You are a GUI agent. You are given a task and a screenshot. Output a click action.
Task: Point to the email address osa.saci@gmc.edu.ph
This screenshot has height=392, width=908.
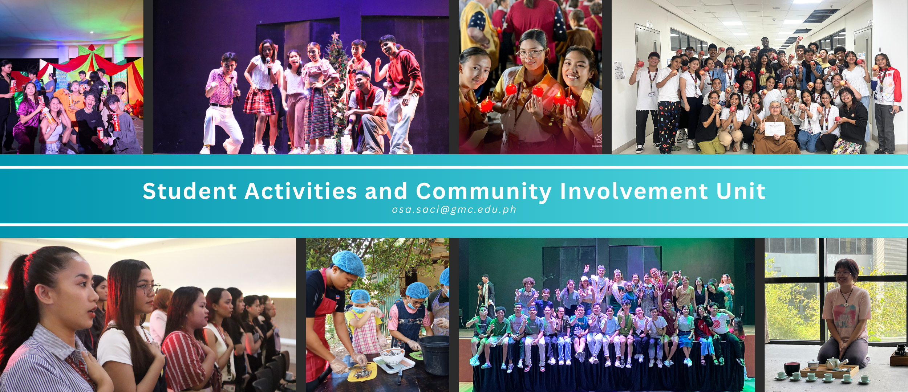[x=454, y=209]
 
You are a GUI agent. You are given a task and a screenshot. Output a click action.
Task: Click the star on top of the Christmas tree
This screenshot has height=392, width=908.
[x=335, y=36]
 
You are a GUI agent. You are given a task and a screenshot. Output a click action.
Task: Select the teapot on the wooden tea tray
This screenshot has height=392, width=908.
[x=834, y=363]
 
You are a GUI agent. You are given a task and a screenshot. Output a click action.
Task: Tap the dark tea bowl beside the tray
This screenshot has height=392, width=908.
[x=792, y=368]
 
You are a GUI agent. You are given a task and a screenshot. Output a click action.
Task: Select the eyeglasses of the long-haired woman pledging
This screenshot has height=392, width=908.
[x=148, y=289]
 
